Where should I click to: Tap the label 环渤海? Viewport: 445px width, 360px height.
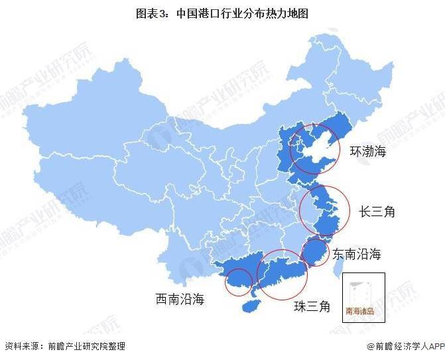[x=368, y=152]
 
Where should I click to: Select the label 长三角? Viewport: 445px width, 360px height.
[x=377, y=211]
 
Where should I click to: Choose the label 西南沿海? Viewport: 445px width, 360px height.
[x=180, y=300]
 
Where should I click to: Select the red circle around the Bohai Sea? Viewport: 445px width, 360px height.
[x=314, y=149]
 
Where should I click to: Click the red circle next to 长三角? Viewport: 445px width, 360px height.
[x=324, y=209]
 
